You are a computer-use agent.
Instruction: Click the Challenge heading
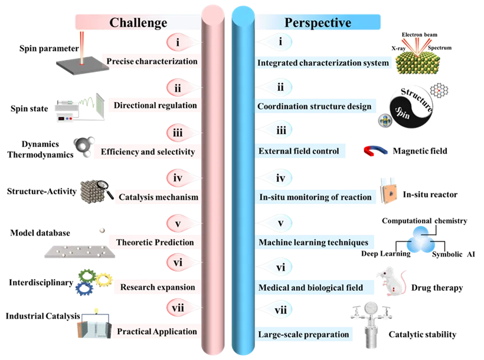click(138, 23)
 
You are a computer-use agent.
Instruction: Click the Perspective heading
click(318, 23)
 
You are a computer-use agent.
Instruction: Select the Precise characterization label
click(152, 60)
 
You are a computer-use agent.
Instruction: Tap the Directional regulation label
click(155, 106)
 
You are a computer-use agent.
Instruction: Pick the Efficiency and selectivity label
click(148, 152)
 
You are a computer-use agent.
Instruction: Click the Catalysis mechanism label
click(158, 197)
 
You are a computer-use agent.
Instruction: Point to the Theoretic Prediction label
click(155, 242)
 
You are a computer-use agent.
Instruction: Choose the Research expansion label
click(157, 287)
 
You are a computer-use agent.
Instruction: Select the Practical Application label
click(156, 332)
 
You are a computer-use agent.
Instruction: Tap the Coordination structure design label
click(315, 107)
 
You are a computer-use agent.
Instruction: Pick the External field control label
click(299, 152)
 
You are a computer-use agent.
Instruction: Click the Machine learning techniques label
click(313, 243)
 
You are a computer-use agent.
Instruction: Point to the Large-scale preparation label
click(303, 335)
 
